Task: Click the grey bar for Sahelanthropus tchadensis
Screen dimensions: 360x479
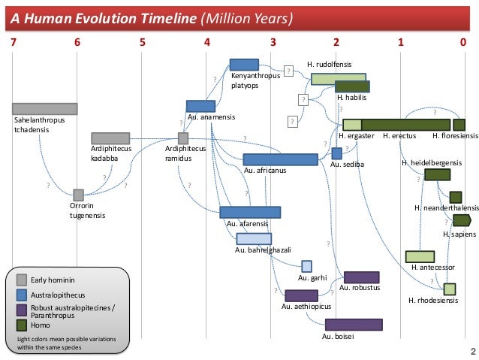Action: point(44,109)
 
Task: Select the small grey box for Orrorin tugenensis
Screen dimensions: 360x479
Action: point(78,195)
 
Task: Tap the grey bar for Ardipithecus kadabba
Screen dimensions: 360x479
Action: point(110,138)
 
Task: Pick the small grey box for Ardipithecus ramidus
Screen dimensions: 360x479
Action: point(182,138)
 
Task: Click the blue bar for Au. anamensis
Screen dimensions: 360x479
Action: point(200,106)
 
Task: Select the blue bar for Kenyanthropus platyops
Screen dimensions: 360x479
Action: point(244,65)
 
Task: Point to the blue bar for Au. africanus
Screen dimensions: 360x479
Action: point(270,159)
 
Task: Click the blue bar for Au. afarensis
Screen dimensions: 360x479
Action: point(249,212)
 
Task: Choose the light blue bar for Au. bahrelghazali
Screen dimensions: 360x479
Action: point(254,239)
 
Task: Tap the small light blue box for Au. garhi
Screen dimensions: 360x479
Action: point(306,266)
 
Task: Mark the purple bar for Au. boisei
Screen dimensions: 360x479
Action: point(354,325)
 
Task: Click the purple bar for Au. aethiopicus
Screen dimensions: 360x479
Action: point(301,295)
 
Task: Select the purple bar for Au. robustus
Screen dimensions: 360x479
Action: point(361,277)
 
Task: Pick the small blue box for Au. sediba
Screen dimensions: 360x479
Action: point(336,153)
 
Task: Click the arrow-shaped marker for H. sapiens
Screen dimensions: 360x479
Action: point(461,220)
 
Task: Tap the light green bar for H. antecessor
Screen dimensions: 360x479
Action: point(420,257)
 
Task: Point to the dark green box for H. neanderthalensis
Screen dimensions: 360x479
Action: point(456,197)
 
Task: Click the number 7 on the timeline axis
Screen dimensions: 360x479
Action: point(12,42)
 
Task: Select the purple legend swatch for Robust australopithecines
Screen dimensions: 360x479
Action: point(22,308)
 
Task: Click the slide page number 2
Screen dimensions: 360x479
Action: point(472,351)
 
